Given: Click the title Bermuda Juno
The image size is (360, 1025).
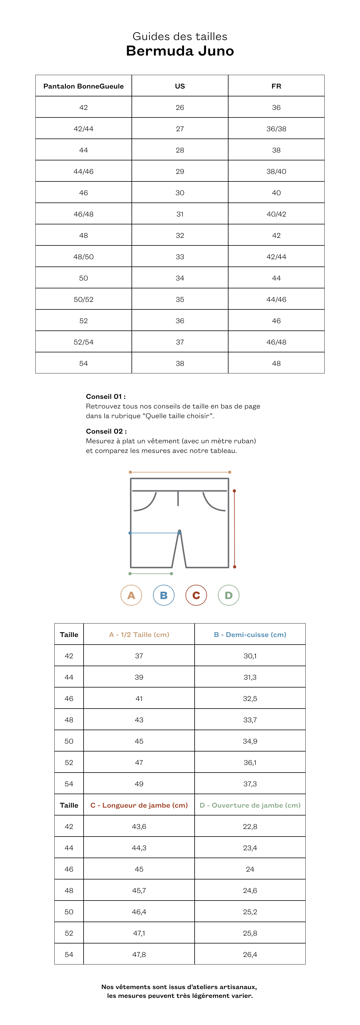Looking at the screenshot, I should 180,51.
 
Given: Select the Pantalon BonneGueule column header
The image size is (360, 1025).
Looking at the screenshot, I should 84,86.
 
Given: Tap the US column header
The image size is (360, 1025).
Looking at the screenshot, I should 180,86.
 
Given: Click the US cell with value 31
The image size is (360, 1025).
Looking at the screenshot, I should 180,214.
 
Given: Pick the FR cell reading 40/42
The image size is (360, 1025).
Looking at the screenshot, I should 276,214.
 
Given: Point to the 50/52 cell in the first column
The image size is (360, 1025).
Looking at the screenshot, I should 84,299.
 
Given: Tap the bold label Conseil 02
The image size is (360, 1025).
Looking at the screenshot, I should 106,431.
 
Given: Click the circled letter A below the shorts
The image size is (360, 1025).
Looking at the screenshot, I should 131,595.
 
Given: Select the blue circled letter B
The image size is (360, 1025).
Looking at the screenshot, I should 164,595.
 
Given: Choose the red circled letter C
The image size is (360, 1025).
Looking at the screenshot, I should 196,595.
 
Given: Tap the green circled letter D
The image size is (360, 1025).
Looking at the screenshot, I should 228,595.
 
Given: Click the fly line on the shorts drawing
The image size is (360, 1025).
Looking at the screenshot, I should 178,498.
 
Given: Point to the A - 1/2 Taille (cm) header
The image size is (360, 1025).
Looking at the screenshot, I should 139,634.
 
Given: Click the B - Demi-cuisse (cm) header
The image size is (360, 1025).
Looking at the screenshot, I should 250,634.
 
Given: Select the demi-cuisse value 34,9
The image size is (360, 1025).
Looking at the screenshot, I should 250,741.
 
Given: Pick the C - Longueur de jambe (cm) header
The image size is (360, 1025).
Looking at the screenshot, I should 139,805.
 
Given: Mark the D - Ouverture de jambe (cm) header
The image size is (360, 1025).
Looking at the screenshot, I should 250,805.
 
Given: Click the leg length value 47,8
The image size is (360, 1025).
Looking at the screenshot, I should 139,954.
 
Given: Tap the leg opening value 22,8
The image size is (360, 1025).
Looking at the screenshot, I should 250,826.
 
